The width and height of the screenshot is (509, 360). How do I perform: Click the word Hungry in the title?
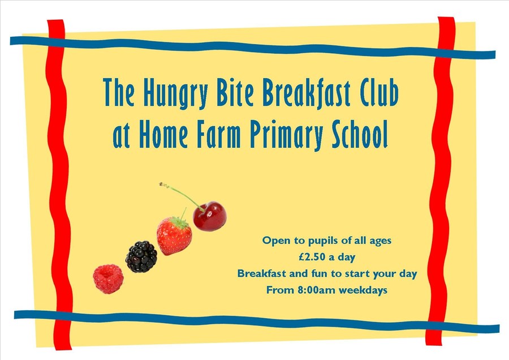click(x=175, y=93)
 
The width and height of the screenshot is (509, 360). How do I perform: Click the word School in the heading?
click(x=360, y=134)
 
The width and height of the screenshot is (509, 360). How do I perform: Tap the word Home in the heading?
click(x=163, y=134)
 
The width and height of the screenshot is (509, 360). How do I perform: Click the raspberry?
click(x=108, y=278)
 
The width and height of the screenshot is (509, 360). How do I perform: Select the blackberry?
click(x=141, y=256)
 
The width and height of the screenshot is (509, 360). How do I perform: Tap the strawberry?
click(x=174, y=236)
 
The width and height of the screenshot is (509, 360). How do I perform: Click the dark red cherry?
click(x=210, y=216)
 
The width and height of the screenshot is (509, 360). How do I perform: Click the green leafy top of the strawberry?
click(x=179, y=222)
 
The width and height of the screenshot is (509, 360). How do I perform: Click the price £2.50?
click(x=312, y=257)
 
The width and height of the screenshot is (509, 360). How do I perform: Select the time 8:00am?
click(x=316, y=290)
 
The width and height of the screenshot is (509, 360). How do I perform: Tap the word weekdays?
click(x=363, y=290)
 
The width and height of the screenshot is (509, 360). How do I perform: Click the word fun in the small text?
click(x=319, y=273)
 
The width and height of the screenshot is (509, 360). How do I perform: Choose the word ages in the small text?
click(x=381, y=242)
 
